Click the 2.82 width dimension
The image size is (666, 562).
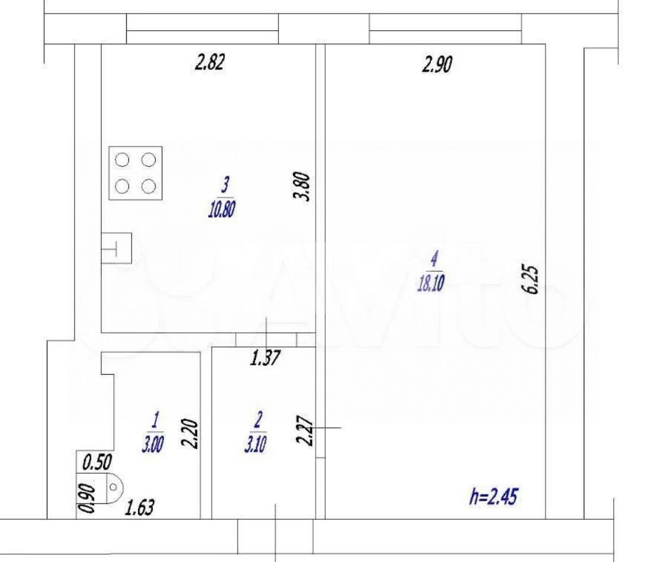click(210, 62)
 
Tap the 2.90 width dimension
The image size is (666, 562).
click(437, 63)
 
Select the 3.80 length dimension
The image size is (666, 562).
click(304, 187)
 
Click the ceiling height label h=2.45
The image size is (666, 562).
click(493, 496)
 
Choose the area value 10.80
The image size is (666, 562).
click(223, 209)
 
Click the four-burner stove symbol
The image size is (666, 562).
click(136, 173)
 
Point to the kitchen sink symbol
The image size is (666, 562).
click(117, 248)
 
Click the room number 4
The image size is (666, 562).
click(434, 259)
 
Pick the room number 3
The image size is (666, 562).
click(225, 185)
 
